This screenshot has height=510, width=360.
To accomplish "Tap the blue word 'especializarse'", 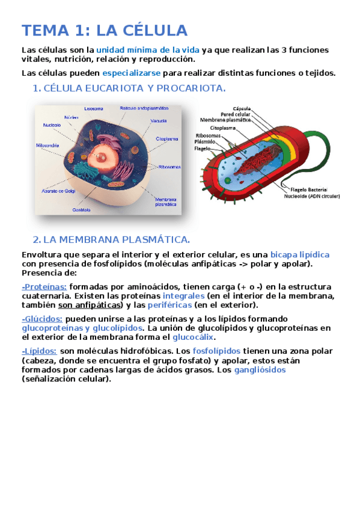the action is click(131, 73).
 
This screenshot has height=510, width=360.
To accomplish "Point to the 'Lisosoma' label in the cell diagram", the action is click(93, 109).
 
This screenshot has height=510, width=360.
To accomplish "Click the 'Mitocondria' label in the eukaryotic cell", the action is click(47, 145).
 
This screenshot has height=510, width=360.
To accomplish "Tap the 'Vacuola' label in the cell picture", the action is click(159, 120).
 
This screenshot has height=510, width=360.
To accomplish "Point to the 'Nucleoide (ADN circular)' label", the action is click(311, 195).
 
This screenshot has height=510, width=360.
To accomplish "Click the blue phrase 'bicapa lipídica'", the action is click(299, 254).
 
